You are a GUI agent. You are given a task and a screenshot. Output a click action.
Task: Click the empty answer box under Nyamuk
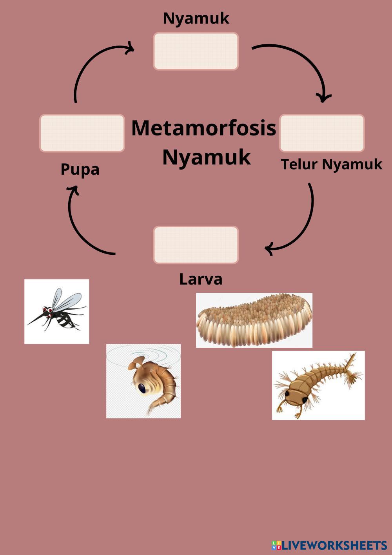(196, 51)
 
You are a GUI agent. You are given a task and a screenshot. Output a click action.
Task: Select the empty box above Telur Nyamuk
(322, 133)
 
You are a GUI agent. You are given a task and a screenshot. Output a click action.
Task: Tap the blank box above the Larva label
(196, 245)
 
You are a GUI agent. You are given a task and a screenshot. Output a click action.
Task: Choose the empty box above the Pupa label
(82, 133)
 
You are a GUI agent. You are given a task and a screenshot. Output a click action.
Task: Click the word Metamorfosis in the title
(203, 128)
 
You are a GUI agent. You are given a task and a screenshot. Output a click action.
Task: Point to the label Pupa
(80, 170)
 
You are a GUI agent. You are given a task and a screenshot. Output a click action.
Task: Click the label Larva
(201, 279)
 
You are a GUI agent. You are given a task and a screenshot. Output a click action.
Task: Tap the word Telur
(299, 164)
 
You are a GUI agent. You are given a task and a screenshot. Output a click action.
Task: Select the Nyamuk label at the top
(196, 18)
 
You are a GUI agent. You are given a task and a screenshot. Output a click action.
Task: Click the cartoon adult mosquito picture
(57, 312)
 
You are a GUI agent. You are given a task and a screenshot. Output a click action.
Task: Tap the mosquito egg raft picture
(254, 320)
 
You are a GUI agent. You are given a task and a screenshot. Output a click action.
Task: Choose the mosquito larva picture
(318, 385)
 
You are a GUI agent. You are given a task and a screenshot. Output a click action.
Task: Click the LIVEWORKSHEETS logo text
(333, 545)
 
